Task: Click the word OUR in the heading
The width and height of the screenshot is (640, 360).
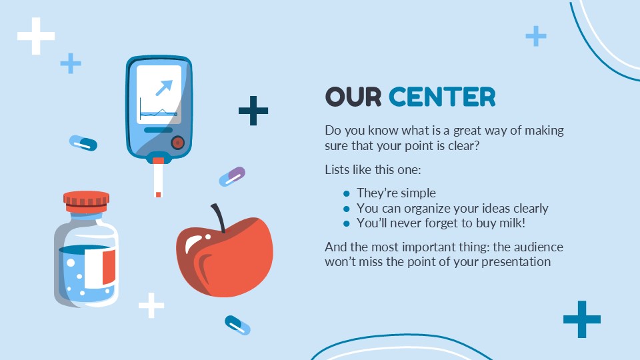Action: pyautogui.click(x=353, y=97)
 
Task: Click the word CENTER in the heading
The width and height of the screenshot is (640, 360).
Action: pyautogui.click(x=442, y=97)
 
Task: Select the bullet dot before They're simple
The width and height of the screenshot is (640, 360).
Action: pyautogui.click(x=346, y=193)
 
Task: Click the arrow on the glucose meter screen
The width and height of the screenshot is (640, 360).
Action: pyautogui.click(x=163, y=87)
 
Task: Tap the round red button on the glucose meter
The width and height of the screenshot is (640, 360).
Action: pyautogui.click(x=177, y=143)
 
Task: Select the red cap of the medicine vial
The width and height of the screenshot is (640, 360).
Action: pyautogui.click(x=86, y=199)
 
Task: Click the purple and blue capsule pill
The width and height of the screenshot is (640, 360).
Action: pyautogui.click(x=232, y=177)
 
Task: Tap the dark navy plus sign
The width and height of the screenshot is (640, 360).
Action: pyautogui.click(x=253, y=111)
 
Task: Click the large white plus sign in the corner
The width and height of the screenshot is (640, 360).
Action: pyautogui.click(x=36, y=36)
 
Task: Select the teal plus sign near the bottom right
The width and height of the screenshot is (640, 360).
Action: pyautogui.click(x=581, y=319)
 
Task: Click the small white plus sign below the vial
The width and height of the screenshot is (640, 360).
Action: pyautogui.click(x=151, y=305)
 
